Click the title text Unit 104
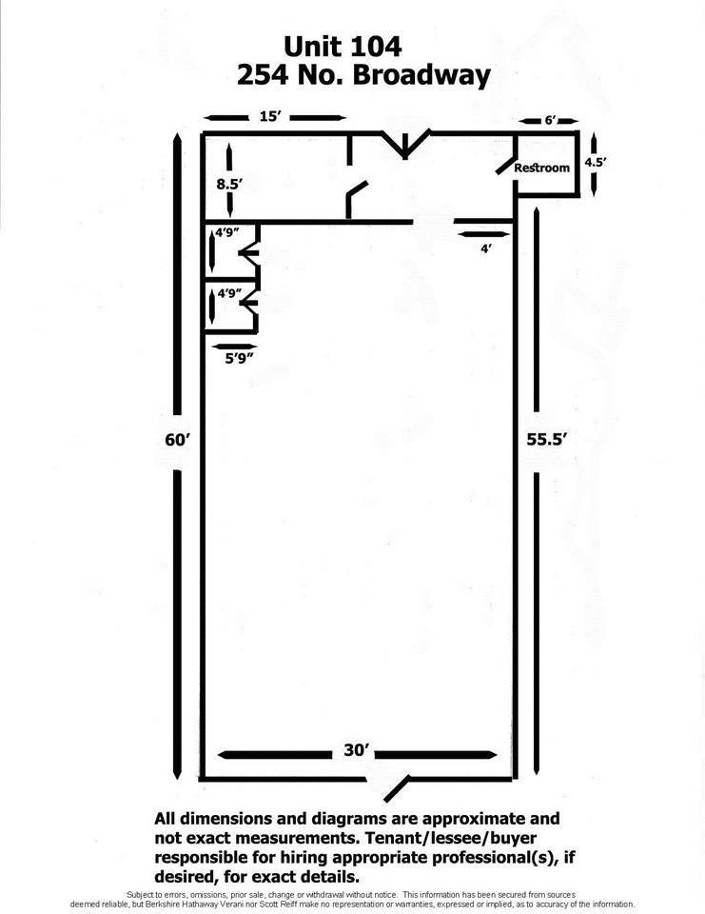(343, 46)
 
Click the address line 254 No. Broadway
(363, 76)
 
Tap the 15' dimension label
(270, 116)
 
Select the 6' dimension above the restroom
(551, 121)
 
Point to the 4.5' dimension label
(596, 162)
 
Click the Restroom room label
(542, 168)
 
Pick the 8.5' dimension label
(229, 184)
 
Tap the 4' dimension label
(486, 248)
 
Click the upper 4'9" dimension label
(227, 232)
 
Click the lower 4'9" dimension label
(229, 293)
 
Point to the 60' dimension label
(178, 440)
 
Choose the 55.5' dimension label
(547, 440)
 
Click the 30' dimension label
(357, 750)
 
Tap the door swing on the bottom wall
(397, 788)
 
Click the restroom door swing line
(506, 165)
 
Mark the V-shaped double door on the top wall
(405, 145)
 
